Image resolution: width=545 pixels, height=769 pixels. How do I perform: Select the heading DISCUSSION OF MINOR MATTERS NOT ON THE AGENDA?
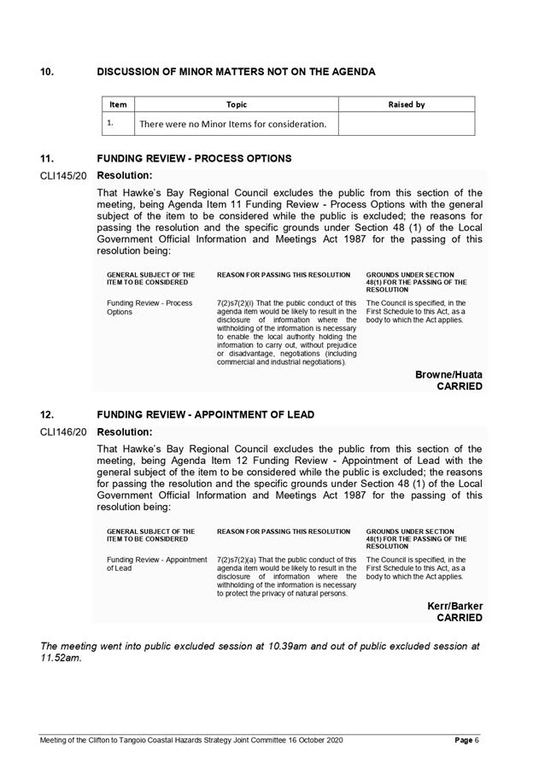[x=236, y=72]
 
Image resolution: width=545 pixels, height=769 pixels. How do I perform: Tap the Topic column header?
[x=237, y=104]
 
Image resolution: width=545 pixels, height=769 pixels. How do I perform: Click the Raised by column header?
[x=406, y=104]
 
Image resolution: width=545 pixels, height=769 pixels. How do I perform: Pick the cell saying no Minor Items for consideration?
[x=232, y=124]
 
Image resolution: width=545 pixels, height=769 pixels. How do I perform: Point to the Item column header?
[x=118, y=104]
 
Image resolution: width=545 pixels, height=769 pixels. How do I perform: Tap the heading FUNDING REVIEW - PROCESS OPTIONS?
[x=194, y=159]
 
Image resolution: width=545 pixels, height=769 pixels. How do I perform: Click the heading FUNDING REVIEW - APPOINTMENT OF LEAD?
[x=205, y=415]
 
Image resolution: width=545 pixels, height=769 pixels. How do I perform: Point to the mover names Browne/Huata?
[x=448, y=374]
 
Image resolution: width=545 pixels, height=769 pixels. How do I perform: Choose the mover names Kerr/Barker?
[x=454, y=606]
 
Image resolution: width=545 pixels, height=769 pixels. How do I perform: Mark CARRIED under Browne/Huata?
[x=460, y=386]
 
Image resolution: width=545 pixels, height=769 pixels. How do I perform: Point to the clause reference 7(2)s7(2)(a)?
[x=243, y=559]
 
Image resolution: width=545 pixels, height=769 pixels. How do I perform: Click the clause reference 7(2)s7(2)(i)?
[x=243, y=302]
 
